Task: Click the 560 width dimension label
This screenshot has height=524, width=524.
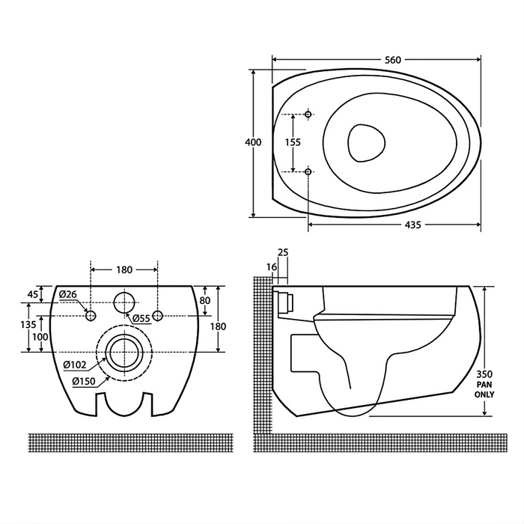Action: (x=393, y=60)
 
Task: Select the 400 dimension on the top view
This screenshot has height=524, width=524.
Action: (x=253, y=142)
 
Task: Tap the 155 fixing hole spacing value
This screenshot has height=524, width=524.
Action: (x=293, y=142)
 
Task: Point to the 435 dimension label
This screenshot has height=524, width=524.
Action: (x=412, y=225)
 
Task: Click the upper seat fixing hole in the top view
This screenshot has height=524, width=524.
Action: (x=308, y=115)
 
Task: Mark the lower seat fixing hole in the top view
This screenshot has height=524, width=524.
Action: (x=308, y=171)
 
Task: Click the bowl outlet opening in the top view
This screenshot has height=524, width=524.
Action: (x=366, y=143)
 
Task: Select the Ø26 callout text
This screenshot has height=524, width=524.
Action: (x=68, y=294)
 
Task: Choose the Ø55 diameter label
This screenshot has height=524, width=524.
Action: (x=141, y=318)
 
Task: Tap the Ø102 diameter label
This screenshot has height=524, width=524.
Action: (x=75, y=365)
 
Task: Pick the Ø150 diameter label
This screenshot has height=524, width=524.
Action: (x=84, y=381)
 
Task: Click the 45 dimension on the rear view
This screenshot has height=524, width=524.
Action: (x=33, y=294)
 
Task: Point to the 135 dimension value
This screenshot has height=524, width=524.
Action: (x=28, y=324)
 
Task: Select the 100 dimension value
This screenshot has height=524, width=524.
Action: (x=40, y=337)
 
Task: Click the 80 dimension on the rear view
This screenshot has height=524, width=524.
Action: (x=205, y=300)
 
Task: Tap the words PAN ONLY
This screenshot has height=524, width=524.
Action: (x=484, y=390)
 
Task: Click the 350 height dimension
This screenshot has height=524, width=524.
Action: (x=484, y=374)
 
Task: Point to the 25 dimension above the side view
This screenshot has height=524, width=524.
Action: (x=283, y=252)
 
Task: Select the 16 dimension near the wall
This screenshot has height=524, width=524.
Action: (x=272, y=267)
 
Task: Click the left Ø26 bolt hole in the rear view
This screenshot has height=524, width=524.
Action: (x=91, y=315)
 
